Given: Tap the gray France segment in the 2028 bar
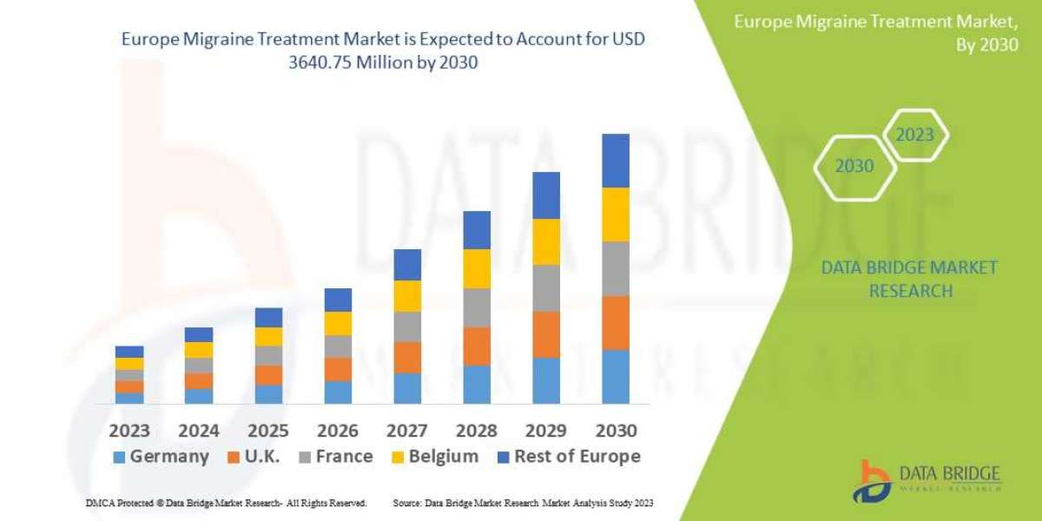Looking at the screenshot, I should [x=477, y=307].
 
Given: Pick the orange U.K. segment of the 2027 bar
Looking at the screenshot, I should [x=407, y=357].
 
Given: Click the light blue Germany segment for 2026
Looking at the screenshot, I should [x=338, y=392].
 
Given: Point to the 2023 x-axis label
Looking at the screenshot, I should [x=129, y=431].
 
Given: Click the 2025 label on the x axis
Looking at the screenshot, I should [x=268, y=431].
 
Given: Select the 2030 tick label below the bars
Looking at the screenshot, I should [x=616, y=431].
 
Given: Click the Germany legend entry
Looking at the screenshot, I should [x=161, y=457].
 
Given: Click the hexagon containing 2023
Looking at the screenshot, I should [x=914, y=135].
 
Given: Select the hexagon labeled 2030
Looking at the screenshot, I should [x=854, y=166].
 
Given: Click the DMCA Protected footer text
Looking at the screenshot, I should [x=226, y=503].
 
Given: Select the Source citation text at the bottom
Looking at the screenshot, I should [x=523, y=503].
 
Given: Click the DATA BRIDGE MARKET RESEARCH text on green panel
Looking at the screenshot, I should [x=908, y=279].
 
